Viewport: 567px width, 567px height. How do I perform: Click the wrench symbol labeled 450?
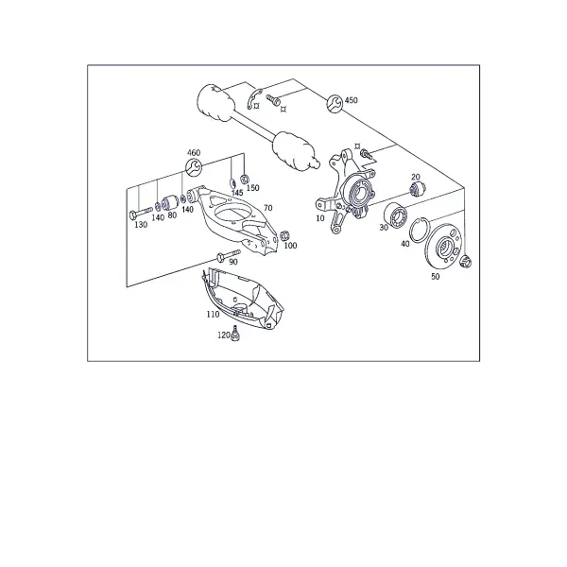pyautogui.click(x=335, y=103)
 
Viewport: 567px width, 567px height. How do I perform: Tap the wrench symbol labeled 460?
pyautogui.click(x=194, y=166)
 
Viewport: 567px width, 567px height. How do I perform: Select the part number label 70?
pyautogui.click(x=268, y=208)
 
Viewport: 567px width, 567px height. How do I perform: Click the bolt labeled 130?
pyautogui.click(x=141, y=214)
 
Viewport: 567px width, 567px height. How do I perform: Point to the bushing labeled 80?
pyautogui.click(x=169, y=202)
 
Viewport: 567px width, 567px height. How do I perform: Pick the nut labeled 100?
pyautogui.click(x=284, y=235)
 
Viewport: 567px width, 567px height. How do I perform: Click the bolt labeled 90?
pyautogui.click(x=228, y=254)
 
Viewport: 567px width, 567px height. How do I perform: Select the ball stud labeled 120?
pyautogui.click(x=235, y=333)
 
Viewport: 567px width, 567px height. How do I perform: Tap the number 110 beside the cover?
pyautogui.click(x=213, y=315)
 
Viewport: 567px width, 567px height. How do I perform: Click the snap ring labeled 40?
pyautogui.click(x=420, y=230)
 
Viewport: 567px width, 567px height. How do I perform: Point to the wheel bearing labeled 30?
pyautogui.click(x=396, y=215)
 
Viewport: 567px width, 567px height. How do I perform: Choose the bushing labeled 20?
pyautogui.click(x=418, y=188)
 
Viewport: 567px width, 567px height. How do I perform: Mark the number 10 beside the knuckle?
pyautogui.click(x=320, y=218)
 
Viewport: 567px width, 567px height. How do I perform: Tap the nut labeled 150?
pyautogui.click(x=245, y=179)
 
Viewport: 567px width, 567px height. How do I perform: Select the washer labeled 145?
pyautogui.click(x=233, y=182)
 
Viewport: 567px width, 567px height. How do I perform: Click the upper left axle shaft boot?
pyautogui.click(x=215, y=102)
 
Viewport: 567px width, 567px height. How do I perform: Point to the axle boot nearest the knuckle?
pyautogui.click(x=294, y=152)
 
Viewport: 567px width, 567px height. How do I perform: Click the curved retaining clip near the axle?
pyautogui.click(x=254, y=97)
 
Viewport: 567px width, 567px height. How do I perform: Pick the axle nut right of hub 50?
pyautogui.click(x=465, y=262)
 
